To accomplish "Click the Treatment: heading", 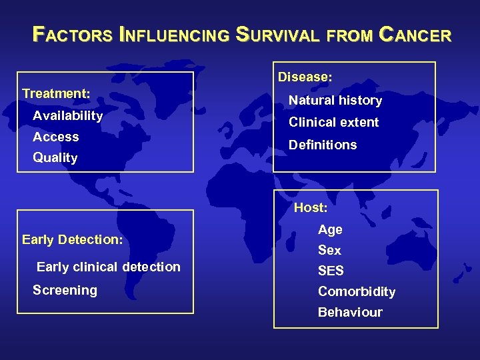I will point(56,93).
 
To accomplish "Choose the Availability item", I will point(67,116).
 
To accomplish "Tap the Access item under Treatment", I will point(56,137).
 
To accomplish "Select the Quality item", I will point(55,158).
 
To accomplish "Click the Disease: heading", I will point(305,77).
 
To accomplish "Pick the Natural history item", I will point(335,101).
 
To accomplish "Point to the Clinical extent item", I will point(333,122).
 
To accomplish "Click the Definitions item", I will point(323,145).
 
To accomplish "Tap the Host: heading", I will point(311,207).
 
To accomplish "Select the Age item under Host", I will point(330,229).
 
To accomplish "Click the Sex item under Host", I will point(329,250).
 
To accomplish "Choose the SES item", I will point(331,271).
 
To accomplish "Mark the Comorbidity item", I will point(357,291).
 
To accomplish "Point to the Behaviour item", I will point(350,312).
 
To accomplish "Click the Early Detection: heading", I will point(72,239).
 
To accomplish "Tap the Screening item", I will point(65,290).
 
